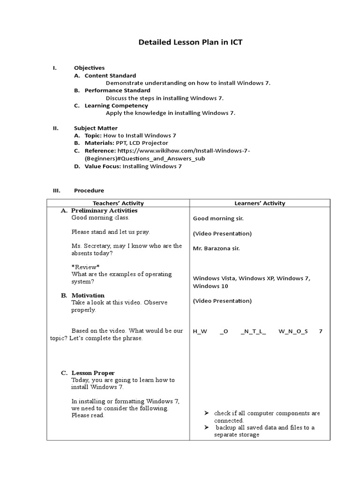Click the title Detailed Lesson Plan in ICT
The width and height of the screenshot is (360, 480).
click(x=190, y=43)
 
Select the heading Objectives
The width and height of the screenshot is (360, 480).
click(x=89, y=68)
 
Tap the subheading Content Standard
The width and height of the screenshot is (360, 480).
click(x=110, y=75)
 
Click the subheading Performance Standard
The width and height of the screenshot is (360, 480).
click(x=117, y=90)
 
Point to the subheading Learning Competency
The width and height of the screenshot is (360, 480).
click(x=116, y=105)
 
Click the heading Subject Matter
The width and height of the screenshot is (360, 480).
click(x=96, y=128)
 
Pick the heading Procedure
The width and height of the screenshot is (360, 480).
click(x=89, y=190)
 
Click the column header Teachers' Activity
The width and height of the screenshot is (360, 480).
click(x=118, y=203)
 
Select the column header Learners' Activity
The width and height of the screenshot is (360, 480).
click(x=260, y=203)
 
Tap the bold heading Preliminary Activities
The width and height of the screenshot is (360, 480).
click(x=104, y=210)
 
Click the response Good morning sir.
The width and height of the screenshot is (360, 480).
click(x=218, y=218)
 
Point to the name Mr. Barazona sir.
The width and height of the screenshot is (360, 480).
click(x=216, y=248)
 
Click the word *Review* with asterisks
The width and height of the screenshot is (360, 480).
click(x=85, y=267)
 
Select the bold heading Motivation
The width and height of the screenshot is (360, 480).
click(x=88, y=295)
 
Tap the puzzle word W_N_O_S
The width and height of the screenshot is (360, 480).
click(x=293, y=331)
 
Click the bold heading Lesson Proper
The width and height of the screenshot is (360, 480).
click(x=93, y=373)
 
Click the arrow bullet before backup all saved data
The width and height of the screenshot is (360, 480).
click(x=206, y=427)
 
